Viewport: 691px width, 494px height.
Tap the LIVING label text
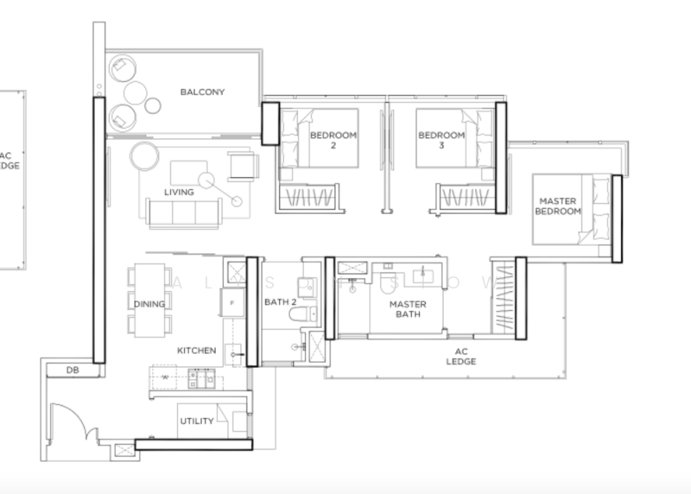pyautogui.click(x=179, y=191)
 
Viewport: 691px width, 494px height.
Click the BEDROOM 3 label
pyautogui.click(x=441, y=141)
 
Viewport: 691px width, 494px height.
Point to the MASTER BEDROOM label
pyautogui.click(x=557, y=206)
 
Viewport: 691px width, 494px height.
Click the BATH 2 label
pyautogui.click(x=281, y=302)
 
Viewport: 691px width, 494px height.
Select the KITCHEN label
pyautogui.click(x=196, y=351)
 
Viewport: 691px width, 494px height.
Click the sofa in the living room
pyautogui.click(x=182, y=212)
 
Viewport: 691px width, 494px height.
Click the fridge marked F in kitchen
pyautogui.click(x=232, y=303)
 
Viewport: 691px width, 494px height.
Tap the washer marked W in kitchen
pyautogui.click(x=163, y=377)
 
